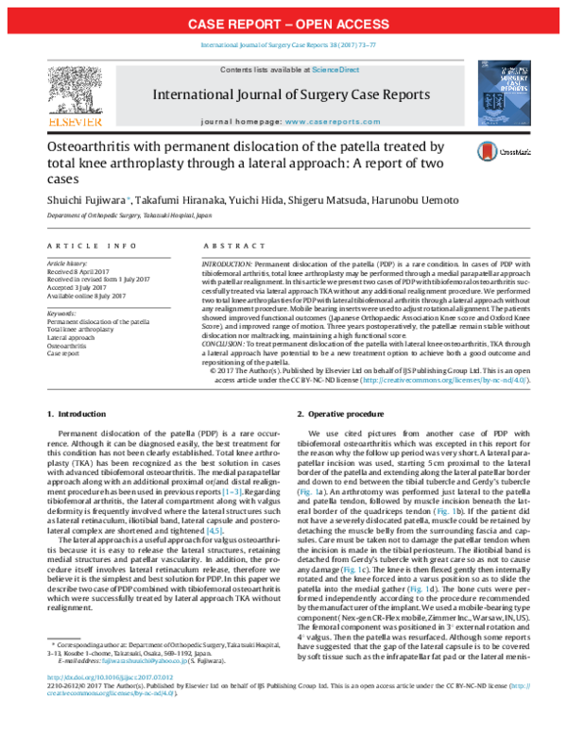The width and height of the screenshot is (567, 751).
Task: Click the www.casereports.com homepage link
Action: click(x=326, y=124)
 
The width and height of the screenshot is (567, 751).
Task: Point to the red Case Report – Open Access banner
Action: click(x=283, y=23)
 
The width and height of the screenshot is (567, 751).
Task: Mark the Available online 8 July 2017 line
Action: click(x=84, y=294)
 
